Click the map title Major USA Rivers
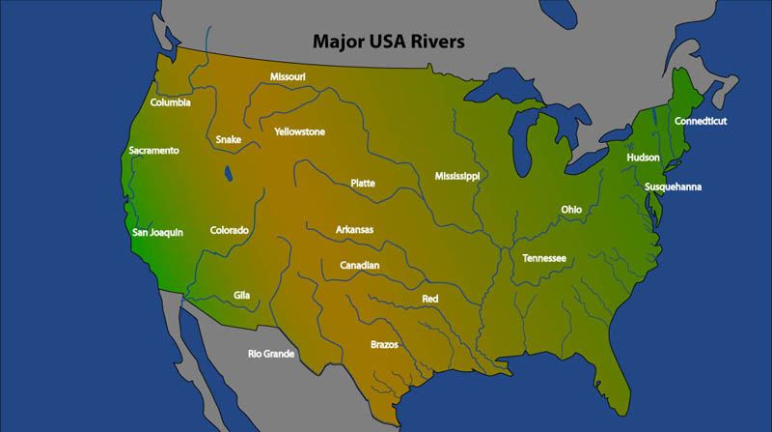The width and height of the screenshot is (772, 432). click(x=388, y=43)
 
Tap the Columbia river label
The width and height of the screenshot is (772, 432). click(x=171, y=102)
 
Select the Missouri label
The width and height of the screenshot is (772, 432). click(x=288, y=76)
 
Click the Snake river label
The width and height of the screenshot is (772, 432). click(x=229, y=139)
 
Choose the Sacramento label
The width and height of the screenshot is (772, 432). click(x=154, y=150)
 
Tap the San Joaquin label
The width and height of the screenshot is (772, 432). click(x=157, y=232)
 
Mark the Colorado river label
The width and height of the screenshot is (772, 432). click(x=230, y=230)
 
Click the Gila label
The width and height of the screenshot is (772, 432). click(x=241, y=295)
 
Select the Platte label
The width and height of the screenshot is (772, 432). click(x=363, y=183)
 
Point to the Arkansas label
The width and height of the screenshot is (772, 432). click(x=354, y=229)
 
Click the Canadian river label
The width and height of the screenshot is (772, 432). click(x=360, y=265)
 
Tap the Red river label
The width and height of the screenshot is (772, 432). click(x=430, y=299)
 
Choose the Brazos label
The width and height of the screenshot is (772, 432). click(x=384, y=344)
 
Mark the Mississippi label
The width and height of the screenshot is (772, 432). click(x=456, y=176)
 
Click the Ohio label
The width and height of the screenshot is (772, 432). click(x=571, y=210)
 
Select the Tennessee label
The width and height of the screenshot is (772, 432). click(x=544, y=258)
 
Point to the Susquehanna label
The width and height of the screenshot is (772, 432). click(x=674, y=187)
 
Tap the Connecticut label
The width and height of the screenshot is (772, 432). click(x=701, y=121)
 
